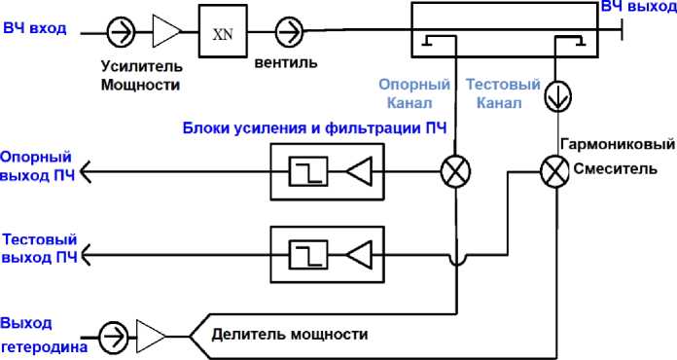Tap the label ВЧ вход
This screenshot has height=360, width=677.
[x=35, y=28]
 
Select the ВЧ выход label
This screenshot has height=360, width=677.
[x=637, y=8]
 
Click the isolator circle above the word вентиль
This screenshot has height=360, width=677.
[x=288, y=32]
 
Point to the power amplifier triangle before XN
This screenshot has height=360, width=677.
[x=165, y=32]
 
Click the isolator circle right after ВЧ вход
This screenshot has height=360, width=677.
[x=121, y=32]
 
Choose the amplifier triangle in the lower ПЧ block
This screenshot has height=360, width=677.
[x=359, y=255]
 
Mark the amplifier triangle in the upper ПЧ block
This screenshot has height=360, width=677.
[x=359, y=172]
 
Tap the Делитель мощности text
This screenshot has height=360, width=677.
[x=290, y=334]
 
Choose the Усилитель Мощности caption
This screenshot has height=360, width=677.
[x=142, y=76]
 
